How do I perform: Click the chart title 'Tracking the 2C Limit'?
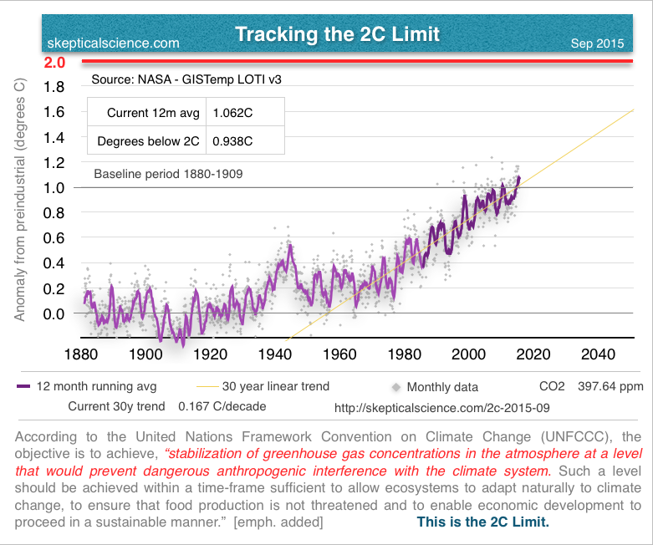pos(337,34)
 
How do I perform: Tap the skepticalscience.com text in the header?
pos(115,43)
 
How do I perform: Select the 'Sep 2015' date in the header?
pos(597,43)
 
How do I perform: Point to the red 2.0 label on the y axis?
pos(54,63)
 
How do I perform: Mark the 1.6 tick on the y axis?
pos(54,111)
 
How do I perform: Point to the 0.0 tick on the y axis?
pos(54,313)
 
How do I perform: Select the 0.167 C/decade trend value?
pos(223,408)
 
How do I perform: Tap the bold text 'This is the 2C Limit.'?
pos(482,522)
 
